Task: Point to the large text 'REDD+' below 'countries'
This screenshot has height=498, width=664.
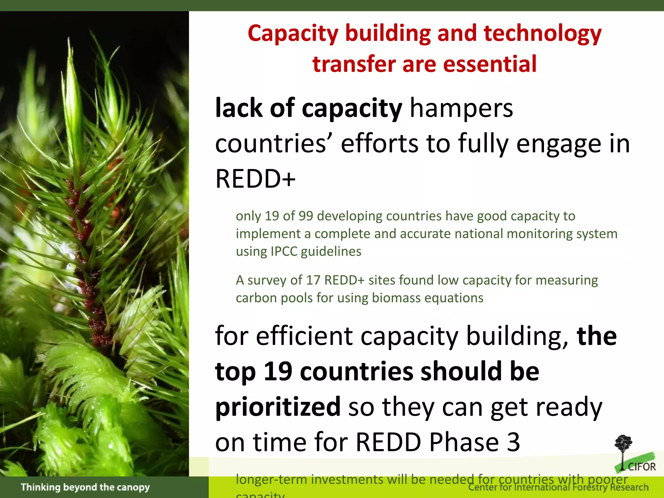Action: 255,179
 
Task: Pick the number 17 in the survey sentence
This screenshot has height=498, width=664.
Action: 313,280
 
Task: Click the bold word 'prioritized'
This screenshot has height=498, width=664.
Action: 278,407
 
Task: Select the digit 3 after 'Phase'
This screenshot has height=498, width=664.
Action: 513,442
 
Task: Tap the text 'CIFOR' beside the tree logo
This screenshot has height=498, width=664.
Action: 642,467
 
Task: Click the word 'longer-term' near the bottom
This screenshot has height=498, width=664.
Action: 271,480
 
